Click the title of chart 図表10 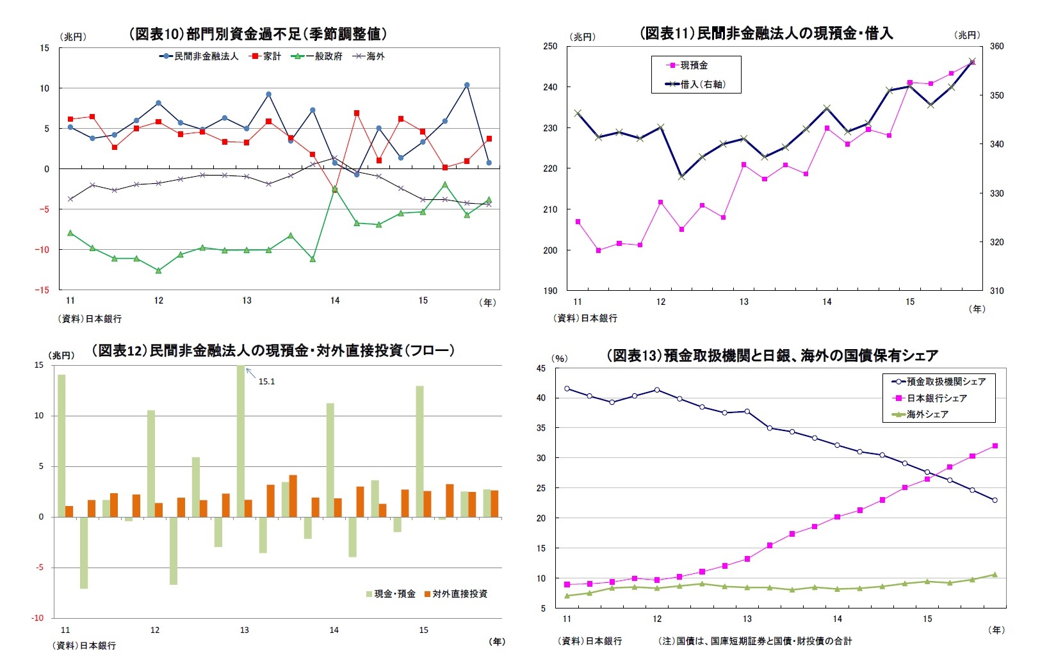pyautogui.click(x=258, y=34)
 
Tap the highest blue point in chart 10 pyautogui.click(x=467, y=85)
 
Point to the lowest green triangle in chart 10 pyautogui.click(x=159, y=270)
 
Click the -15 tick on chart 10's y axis pyautogui.click(x=44, y=290)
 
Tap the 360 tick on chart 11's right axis pyautogui.click(x=996, y=46)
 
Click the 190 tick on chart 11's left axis pyautogui.click(x=550, y=291)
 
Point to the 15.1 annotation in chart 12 pyautogui.click(x=266, y=382)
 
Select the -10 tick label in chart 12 pyautogui.click(x=38, y=617)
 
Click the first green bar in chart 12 pyautogui.click(x=62, y=445)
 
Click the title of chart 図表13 pyautogui.click(x=772, y=355)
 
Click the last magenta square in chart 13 pyautogui.click(x=995, y=446)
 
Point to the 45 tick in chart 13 pyautogui.click(x=541, y=368)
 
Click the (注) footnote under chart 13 pyautogui.click(x=755, y=641)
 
